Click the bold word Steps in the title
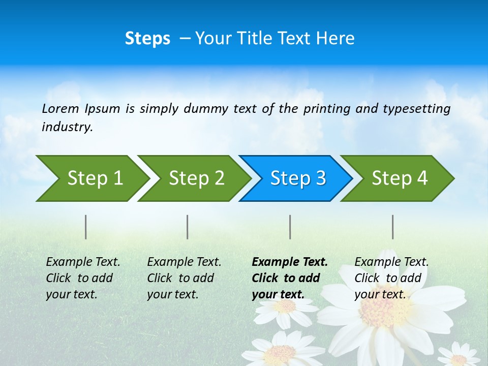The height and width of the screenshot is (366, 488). coord(147,39)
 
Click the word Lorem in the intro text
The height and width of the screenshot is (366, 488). coord(60,109)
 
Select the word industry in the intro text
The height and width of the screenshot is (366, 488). coord(67,127)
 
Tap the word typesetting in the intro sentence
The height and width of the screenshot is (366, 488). coord(416,109)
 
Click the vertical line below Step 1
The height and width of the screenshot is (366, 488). coord(86,227)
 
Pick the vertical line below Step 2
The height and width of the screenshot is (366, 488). coord(188,227)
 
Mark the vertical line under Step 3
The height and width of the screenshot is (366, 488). coord(290,227)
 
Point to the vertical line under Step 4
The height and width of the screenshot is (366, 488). coord(393,227)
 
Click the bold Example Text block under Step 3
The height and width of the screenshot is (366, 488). coord(289,278)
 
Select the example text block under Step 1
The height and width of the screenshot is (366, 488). coord(83,278)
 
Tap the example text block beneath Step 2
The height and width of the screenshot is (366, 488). coord(184,278)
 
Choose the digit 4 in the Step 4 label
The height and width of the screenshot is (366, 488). coord(422,178)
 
